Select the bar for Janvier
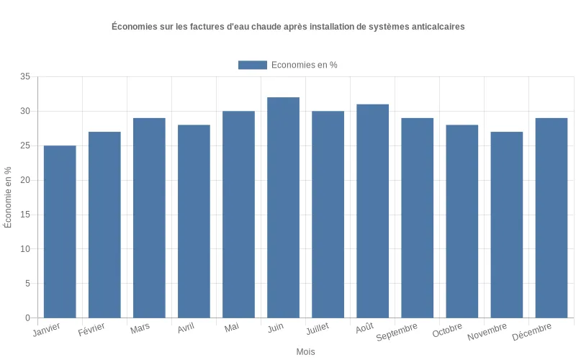click(x=60, y=232)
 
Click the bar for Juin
click(x=283, y=207)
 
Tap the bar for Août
click(x=372, y=211)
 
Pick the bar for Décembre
click(x=551, y=218)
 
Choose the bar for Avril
click(x=194, y=221)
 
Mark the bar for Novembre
click(x=506, y=225)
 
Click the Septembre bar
click(x=417, y=218)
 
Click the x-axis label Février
click(x=92, y=330)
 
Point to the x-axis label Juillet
click(x=318, y=328)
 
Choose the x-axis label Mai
click(x=232, y=328)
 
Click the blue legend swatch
click(x=252, y=65)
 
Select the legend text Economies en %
click(x=304, y=65)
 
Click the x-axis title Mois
click(x=305, y=352)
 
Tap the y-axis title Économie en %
click(x=8, y=197)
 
